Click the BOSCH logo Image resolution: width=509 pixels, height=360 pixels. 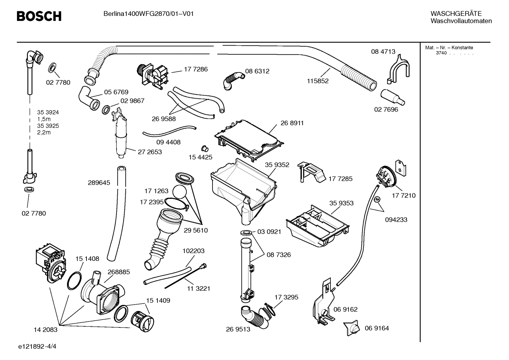[39, 16]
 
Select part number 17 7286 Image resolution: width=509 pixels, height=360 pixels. [196, 69]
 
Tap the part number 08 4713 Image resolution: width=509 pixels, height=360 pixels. [383, 52]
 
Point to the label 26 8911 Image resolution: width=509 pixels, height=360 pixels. [292, 123]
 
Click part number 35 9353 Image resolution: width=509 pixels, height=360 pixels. [341, 203]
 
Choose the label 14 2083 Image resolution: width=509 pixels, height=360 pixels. [46, 330]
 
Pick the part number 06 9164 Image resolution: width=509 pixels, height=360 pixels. [377, 328]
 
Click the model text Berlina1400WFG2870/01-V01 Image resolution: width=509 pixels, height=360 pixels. [148, 14]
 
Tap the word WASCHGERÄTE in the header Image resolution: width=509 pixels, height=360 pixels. [456, 14]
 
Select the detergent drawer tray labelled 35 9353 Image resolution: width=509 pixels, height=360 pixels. [318, 225]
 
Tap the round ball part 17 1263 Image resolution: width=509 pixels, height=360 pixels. [181, 193]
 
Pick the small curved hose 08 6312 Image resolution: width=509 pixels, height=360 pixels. [233, 80]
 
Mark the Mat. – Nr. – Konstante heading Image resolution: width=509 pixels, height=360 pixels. [449, 48]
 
